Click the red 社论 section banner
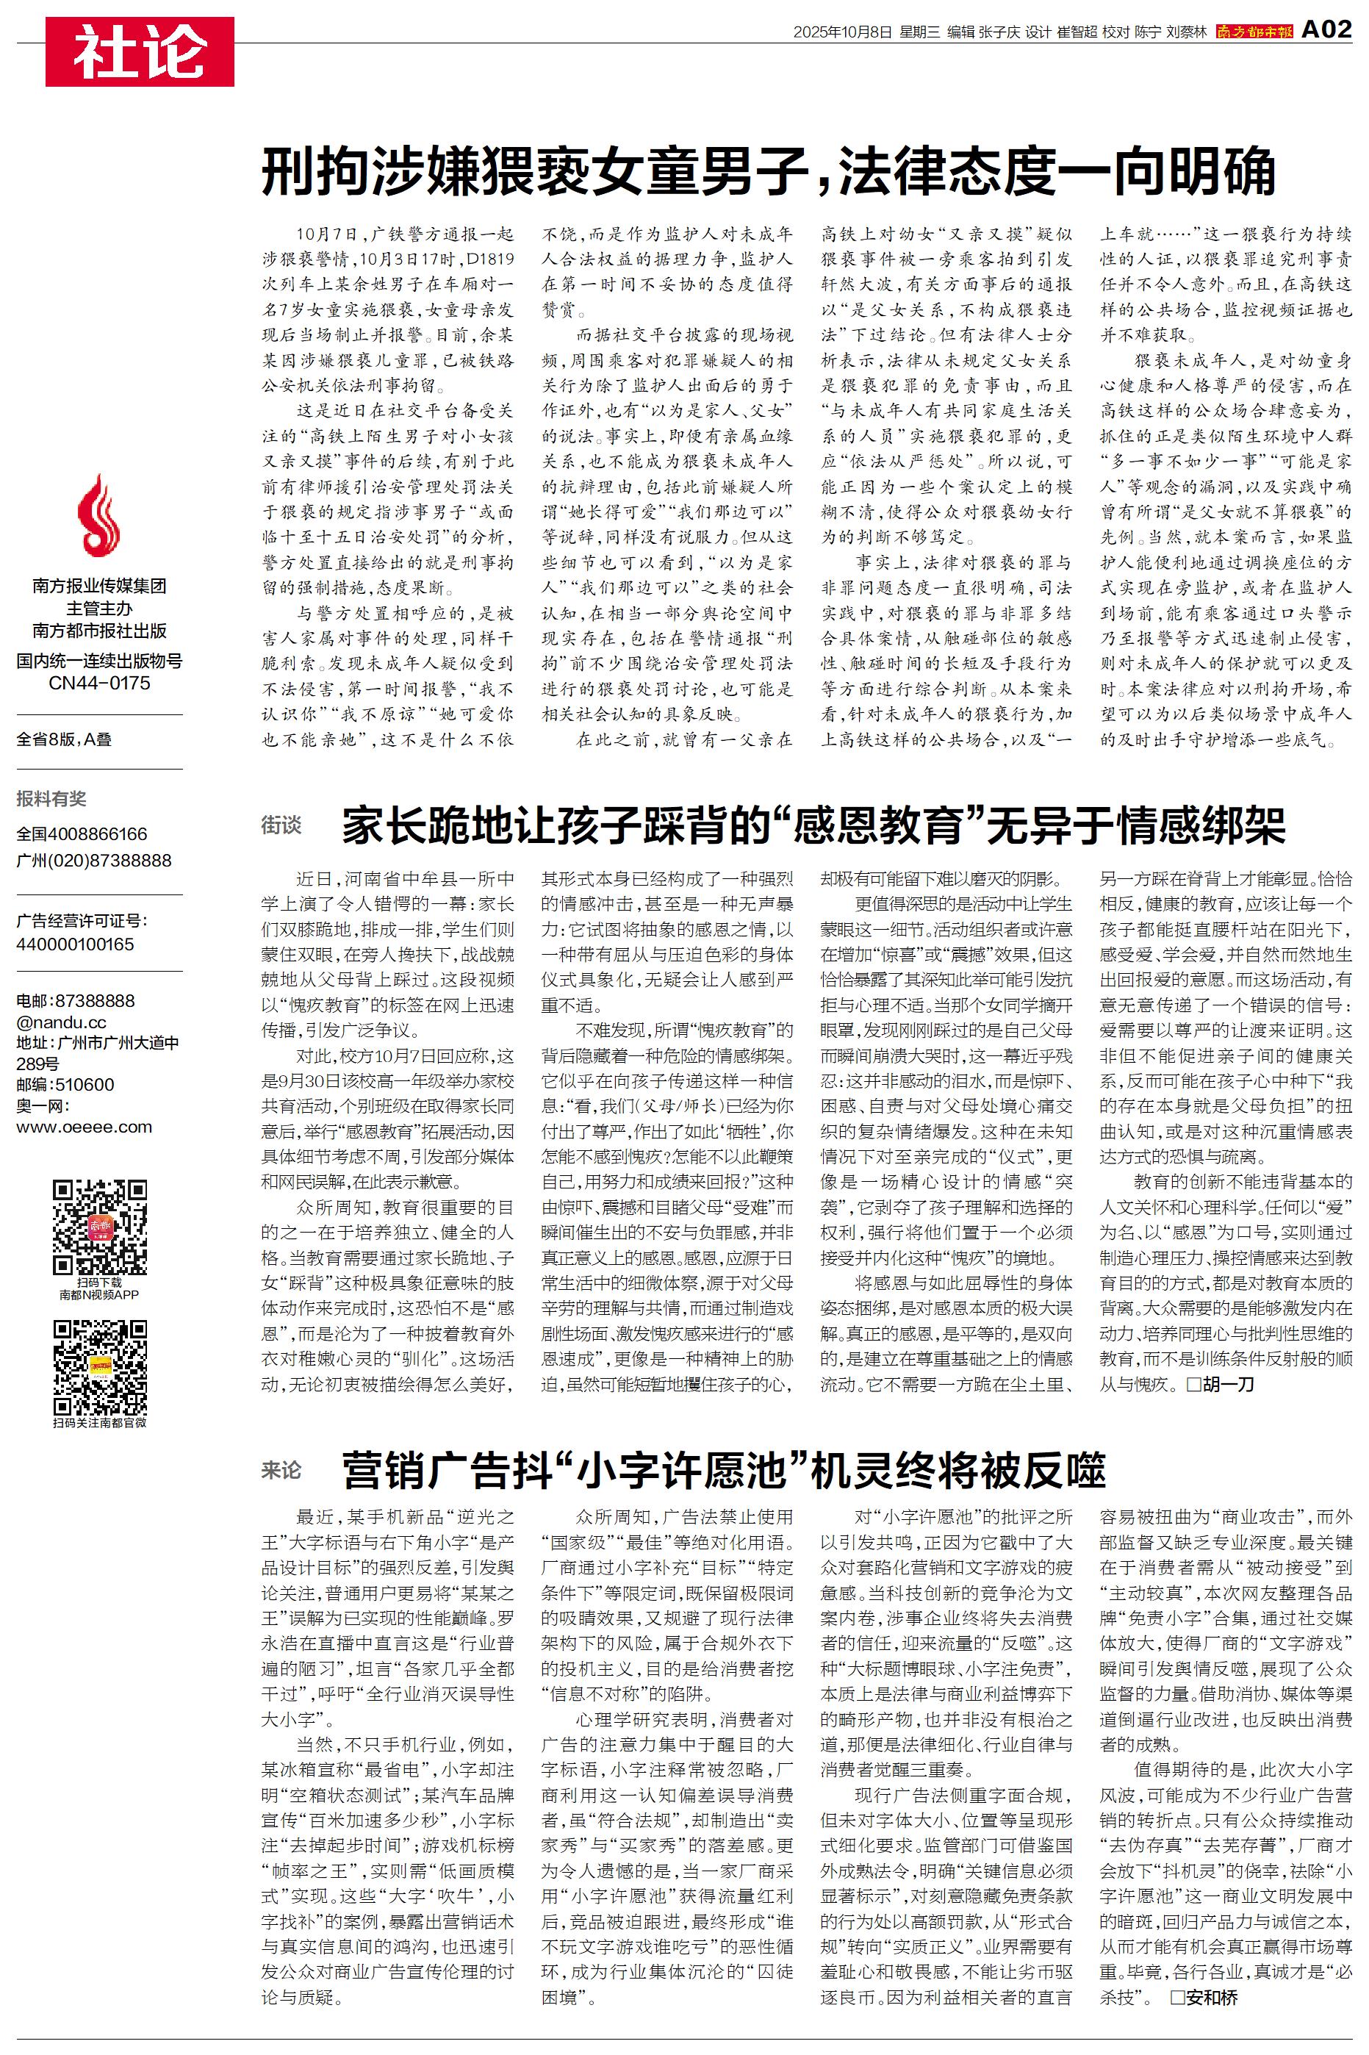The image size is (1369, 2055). click(x=140, y=51)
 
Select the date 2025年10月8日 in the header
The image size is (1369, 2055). click(x=843, y=32)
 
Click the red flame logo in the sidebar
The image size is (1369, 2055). click(x=98, y=517)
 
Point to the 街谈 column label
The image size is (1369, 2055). click(x=281, y=825)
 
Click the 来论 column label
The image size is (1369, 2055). click(x=281, y=1470)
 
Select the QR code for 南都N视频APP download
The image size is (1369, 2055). click(x=99, y=1227)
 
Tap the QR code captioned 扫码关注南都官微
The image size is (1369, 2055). click(x=99, y=1368)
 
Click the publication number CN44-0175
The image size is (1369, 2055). click(x=99, y=683)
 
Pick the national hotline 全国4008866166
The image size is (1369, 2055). click(x=82, y=833)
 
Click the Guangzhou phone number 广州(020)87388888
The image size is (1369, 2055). click(x=93, y=860)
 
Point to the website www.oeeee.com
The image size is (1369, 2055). click(x=84, y=1127)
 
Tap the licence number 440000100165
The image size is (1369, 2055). click(x=75, y=944)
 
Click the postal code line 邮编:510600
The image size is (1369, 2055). click(x=65, y=1084)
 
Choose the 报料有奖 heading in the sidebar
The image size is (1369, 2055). click(x=51, y=798)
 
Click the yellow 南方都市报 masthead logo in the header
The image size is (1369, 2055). click(x=1254, y=32)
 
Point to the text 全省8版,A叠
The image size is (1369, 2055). click(x=64, y=739)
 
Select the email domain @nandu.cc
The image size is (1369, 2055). click(x=61, y=1022)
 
